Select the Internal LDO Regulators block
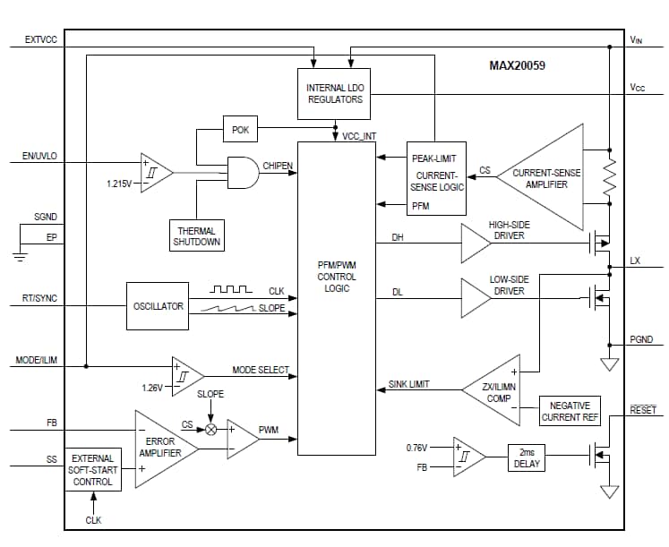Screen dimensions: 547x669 [x=335, y=93]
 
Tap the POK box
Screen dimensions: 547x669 [x=240, y=130]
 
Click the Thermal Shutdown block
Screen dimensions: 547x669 [x=196, y=236]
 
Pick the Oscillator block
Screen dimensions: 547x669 [x=159, y=306]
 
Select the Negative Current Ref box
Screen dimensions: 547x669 [x=570, y=412]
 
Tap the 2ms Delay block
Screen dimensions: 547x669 [x=527, y=457]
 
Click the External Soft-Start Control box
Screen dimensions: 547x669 [x=93, y=470]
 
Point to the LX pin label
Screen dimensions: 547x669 [x=635, y=261]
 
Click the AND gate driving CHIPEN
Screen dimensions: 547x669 [x=240, y=173]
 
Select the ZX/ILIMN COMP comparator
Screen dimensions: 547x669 [x=494, y=391]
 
